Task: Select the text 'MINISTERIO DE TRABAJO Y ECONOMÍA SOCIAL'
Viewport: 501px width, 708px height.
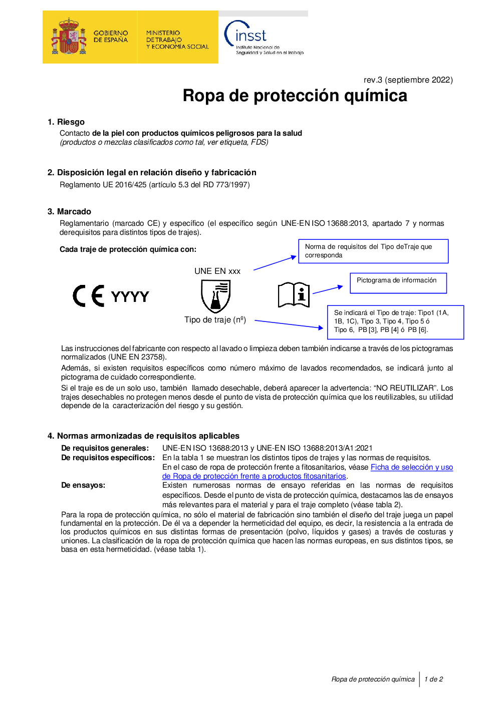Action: tap(177, 40)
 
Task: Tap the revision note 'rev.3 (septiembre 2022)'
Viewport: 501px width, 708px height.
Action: tap(408, 80)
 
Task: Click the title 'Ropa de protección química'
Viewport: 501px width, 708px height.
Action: tap(295, 96)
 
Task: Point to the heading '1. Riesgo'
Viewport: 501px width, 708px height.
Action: tap(66, 122)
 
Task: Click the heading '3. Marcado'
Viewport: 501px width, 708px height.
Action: tap(69, 211)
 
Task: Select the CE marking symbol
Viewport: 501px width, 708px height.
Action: tap(89, 296)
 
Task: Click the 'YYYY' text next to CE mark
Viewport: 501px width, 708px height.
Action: tap(130, 296)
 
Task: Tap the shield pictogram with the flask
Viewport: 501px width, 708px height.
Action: tap(216, 296)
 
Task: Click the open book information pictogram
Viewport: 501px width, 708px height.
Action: tap(294, 294)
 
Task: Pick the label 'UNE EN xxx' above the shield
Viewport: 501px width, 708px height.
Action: tap(217, 271)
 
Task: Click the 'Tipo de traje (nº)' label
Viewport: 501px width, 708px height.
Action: tap(215, 319)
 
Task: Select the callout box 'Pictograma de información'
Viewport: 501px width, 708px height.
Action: tap(398, 283)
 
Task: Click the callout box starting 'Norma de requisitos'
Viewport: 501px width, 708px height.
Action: tap(373, 251)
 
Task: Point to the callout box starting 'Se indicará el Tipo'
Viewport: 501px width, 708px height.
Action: tap(395, 322)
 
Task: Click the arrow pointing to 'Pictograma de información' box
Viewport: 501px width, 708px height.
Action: tap(328, 289)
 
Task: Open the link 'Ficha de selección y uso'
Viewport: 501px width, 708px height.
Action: tap(411, 467)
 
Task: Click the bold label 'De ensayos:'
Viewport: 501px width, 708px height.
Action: tap(83, 485)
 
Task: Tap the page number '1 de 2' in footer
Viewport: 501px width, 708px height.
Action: tap(433, 679)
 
